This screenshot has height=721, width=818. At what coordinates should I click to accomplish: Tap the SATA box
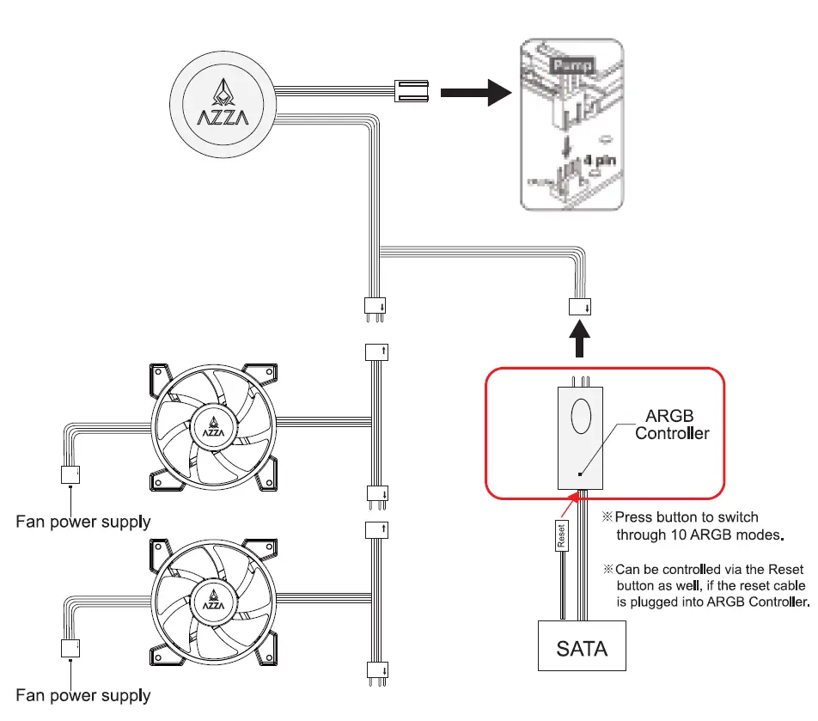pyautogui.click(x=582, y=646)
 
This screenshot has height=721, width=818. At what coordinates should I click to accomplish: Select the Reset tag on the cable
pyautogui.click(x=560, y=535)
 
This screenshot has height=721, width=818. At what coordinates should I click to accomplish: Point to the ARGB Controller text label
pyautogui.click(x=672, y=425)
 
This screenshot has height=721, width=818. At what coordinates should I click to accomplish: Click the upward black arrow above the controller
pyautogui.click(x=582, y=337)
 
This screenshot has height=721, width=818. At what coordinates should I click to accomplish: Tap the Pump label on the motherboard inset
pyautogui.click(x=566, y=65)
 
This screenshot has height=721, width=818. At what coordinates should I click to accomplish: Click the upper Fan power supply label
pyautogui.click(x=83, y=521)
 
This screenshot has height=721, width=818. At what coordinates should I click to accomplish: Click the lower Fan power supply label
pyautogui.click(x=83, y=694)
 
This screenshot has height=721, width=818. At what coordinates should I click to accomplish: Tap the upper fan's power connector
pyautogui.click(x=69, y=474)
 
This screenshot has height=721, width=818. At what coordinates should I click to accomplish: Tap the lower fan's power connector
pyautogui.click(x=69, y=648)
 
